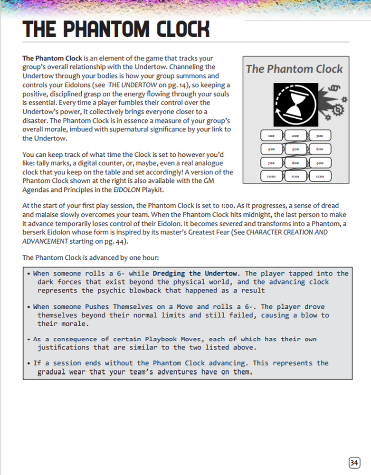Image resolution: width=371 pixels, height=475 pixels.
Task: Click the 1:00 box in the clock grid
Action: pos(271,136)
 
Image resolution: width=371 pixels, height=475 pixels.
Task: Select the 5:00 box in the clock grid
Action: pos(295,149)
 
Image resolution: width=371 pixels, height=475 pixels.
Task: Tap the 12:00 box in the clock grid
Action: pos(319,176)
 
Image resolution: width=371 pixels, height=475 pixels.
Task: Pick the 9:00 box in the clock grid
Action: pos(319,163)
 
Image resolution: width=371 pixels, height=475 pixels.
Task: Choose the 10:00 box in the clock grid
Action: pos(271,176)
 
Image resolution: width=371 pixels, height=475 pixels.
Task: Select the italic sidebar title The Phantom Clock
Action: pos(294,69)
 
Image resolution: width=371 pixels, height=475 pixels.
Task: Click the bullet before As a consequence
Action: pos(29,340)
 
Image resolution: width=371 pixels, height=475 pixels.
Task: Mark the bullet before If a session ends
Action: pos(29,363)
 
